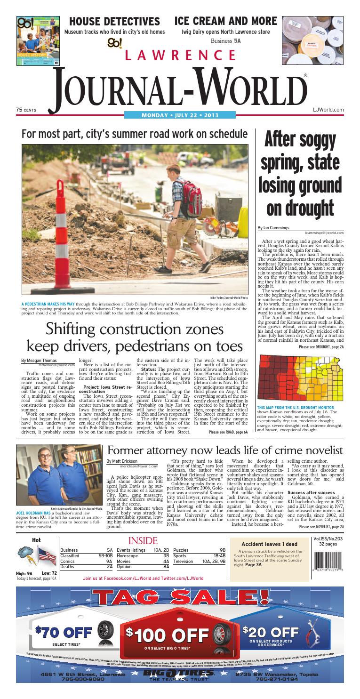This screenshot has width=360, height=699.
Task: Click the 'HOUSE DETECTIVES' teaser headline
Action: [114, 22]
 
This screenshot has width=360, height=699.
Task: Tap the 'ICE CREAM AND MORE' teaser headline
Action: [225, 21]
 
